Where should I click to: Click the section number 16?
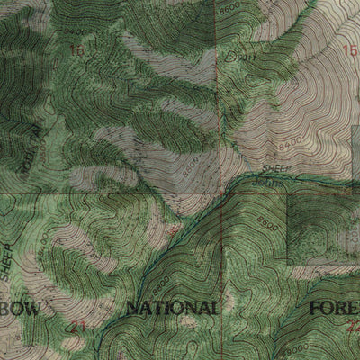tap(77, 52)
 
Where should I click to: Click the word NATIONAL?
tap(172, 309)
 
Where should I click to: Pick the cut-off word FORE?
tap(334, 309)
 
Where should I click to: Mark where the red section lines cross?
tap(217, 193)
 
